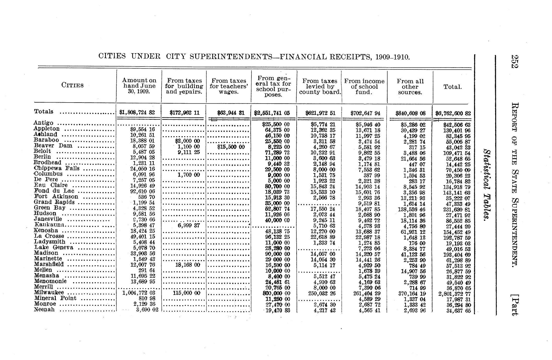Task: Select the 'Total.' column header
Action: pos(453,87)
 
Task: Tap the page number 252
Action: pos(514,62)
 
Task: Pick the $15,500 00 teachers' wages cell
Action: pos(231,147)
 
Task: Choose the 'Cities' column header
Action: pos(72,85)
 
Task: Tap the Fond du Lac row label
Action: pos(54,191)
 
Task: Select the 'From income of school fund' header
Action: pos(364,87)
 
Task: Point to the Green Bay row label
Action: pos(50,208)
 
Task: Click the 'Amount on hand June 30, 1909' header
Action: pos(139,86)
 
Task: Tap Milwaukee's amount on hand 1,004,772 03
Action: pos(139,293)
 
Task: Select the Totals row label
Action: pos(44,111)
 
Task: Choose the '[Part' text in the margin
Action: pos(514,305)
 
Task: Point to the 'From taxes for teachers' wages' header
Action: pos(229,86)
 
